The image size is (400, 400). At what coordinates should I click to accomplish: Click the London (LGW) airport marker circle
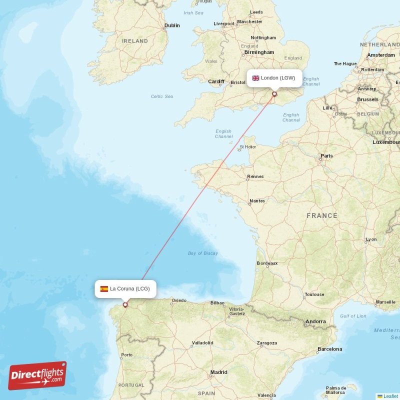(x=274, y=93)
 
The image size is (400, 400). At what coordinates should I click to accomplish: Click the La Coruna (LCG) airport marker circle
(x=125, y=304)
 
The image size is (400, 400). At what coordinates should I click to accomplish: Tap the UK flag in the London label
(x=255, y=78)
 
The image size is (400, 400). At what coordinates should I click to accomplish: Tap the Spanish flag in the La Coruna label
(x=104, y=289)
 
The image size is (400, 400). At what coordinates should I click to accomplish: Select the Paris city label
(x=326, y=156)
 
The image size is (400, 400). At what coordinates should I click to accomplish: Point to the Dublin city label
(x=171, y=25)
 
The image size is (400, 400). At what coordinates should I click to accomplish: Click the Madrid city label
(x=218, y=372)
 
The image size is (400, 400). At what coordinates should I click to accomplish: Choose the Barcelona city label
(x=330, y=349)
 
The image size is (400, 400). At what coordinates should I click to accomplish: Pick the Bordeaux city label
(x=267, y=263)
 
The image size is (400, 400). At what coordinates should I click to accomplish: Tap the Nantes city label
(x=257, y=201)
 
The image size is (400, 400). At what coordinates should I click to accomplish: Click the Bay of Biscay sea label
(x=203, y=253)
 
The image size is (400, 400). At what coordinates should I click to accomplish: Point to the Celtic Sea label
(x=162, y=96)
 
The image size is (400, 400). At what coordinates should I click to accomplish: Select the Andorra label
(x=315, y=321)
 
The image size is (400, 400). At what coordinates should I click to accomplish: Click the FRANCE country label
(x=322, y=215)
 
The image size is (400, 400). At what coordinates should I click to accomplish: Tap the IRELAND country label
(x=135, y=41)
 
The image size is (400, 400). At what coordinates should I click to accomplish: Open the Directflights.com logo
(x=37, y=375)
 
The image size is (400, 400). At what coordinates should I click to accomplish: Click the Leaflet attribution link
(x=390, y=396)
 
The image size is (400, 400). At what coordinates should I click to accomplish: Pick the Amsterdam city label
(x=381, y=55)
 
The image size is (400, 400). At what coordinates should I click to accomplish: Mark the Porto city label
(x=127, y=355)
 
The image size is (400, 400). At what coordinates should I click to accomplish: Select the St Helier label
(x=247, y=147)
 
